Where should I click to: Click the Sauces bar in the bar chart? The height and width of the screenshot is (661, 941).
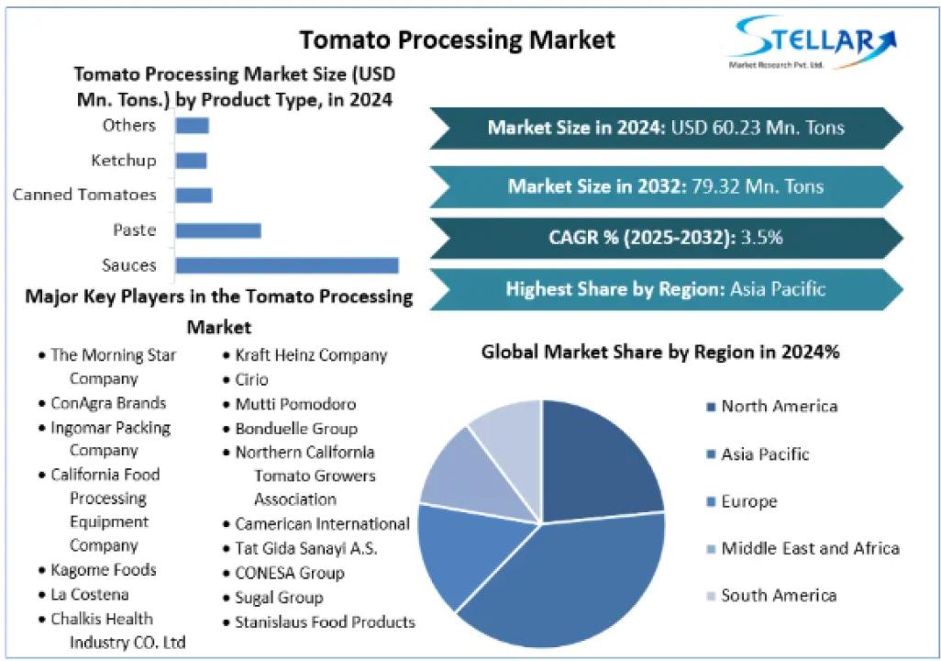tap(286, 265)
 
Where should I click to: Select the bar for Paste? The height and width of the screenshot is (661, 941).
tap(218, 230)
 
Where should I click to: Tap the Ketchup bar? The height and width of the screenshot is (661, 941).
tap(191, 161)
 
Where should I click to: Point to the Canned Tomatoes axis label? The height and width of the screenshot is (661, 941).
tap(84, 195)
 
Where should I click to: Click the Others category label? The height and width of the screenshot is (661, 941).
tap(129, 125)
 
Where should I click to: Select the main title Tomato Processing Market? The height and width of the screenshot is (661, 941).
tap(458, 39)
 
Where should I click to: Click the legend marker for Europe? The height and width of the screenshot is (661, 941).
tap(711, 502)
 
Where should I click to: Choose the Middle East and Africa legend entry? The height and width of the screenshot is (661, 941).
tap(810, 549)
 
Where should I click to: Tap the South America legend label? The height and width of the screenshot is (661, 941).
tap(779, 596)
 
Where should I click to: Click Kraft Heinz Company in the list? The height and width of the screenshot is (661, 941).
tap(311, 355)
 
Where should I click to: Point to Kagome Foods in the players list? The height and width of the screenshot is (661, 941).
tap(104, 570)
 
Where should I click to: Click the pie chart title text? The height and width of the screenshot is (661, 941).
tap(660, 352)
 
